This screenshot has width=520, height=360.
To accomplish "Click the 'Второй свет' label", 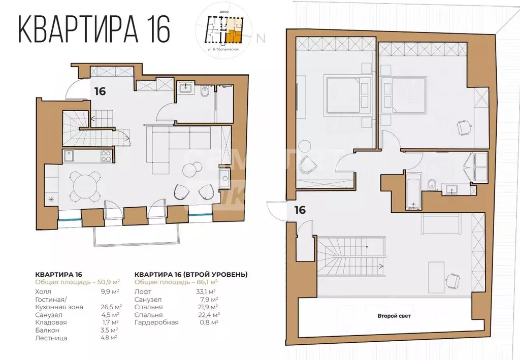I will (x=394, y=316).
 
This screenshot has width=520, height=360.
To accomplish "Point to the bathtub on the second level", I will (x=414, y=192).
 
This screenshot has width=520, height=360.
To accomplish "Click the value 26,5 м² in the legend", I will (x=110, y=307).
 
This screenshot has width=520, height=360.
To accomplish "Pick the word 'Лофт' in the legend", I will (x=142, y=291).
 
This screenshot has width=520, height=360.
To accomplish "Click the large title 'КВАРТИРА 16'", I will (x=94, y=29).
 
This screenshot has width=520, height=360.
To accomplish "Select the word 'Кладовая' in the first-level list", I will (x=51, y=322).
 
